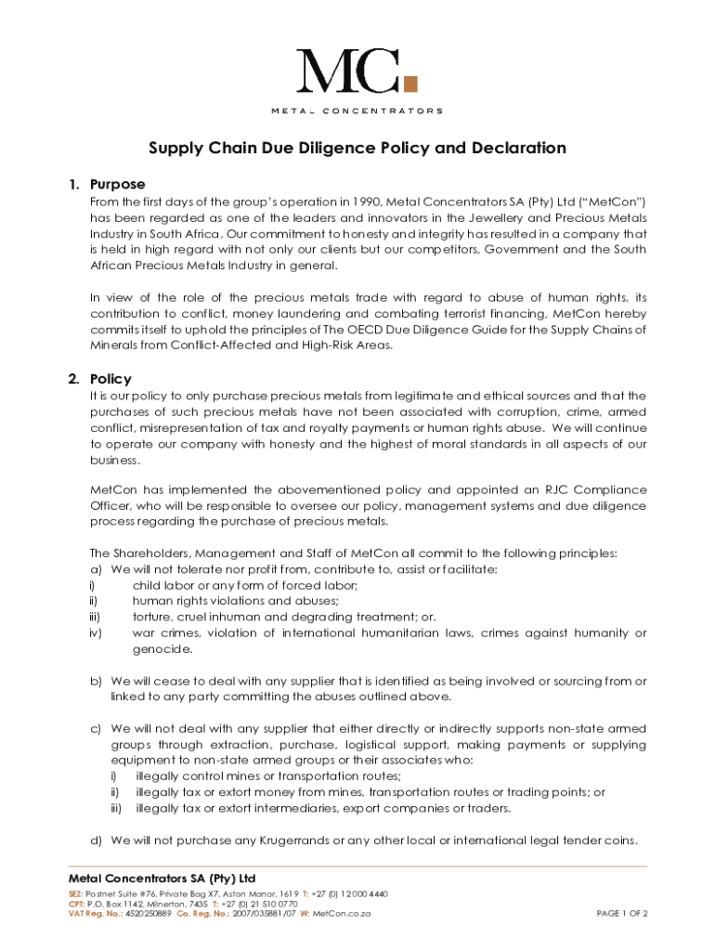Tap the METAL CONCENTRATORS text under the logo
click(357, 111)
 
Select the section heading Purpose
click(117, 184)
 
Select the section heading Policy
click(110, 379)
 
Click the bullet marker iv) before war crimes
click(96, 633)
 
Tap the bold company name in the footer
click(162, 879)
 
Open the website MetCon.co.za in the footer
click(342, 914)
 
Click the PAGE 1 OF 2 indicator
click(621, 914)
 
